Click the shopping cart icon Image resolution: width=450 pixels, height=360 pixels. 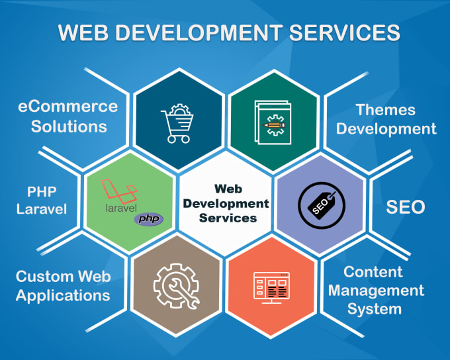coord(177,124)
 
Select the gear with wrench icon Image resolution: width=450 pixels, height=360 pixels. coord(176,287)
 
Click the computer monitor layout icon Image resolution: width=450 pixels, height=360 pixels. coord(271,288)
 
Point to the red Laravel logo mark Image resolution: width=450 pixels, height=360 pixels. coord(119,191)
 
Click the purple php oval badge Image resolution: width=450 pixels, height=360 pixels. coord(149,219)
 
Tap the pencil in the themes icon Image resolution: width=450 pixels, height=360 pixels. coord(274,125)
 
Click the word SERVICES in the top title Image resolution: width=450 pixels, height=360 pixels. coord(344,32)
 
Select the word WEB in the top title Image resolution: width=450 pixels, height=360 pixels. coord(83,32)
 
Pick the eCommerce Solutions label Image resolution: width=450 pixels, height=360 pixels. coord(68,116)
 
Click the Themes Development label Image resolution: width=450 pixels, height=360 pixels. coord(386,119)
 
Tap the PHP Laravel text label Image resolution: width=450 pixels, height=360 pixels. coord(42,201)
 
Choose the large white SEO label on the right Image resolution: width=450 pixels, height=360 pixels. coord(405,206)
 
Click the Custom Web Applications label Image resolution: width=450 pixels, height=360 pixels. coord(63,286)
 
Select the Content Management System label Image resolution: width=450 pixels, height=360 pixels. coord(376,291)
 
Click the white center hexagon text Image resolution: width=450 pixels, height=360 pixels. coord(226,203)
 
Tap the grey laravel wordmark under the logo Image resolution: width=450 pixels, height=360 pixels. coord(121,208)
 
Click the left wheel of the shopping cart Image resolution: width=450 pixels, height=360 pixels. coord(171,140)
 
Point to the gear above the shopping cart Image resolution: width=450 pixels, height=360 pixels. coord(180,110)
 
